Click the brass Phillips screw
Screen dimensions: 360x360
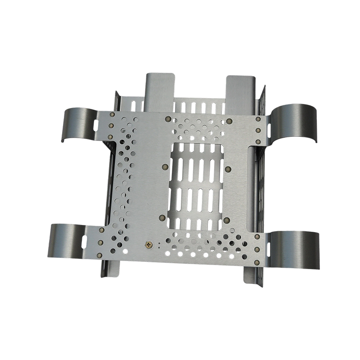[149, 245]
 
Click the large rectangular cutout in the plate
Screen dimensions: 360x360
[195, 184]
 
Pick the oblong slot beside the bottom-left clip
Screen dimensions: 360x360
[84, 239]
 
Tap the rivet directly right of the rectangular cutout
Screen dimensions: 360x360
[227, 169]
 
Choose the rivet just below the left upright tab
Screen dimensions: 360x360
[167, 119]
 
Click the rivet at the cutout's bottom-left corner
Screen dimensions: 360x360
[162, 217]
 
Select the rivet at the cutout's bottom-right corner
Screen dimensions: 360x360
[227, 220]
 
